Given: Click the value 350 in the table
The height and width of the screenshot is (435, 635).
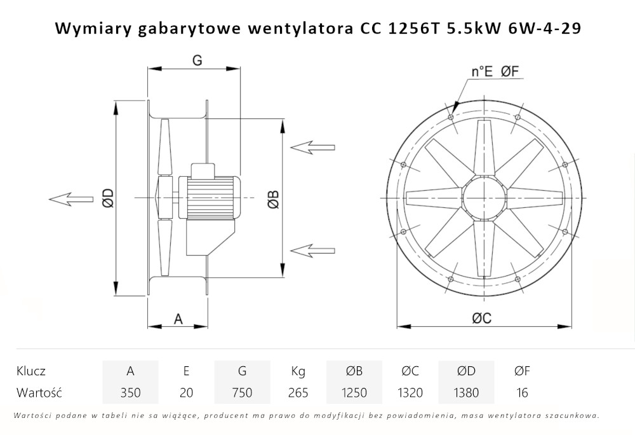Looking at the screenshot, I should point(130,392).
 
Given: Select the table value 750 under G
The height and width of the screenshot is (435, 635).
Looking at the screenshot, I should point(242,392).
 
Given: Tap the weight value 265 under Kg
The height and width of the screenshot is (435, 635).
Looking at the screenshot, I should point(298,392).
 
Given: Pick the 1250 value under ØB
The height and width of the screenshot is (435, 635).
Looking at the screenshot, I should point(354,392).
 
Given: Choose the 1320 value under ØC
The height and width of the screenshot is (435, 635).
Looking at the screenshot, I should point(410,392).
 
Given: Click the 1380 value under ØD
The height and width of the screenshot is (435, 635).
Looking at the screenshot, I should point(465,392).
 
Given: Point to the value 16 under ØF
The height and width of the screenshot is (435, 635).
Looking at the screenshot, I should point(522,392).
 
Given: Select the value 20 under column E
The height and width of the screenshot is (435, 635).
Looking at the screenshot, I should point(186,392).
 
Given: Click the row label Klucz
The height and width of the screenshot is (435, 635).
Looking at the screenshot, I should point(31,371).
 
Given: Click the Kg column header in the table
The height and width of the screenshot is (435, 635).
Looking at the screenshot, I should point(298,371).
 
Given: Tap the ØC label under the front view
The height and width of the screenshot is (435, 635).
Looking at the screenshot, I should point(481,319).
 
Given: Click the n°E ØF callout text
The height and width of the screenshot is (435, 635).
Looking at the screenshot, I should point(495,72).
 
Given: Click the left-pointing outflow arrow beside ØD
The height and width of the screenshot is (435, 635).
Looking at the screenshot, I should point(69,198).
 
